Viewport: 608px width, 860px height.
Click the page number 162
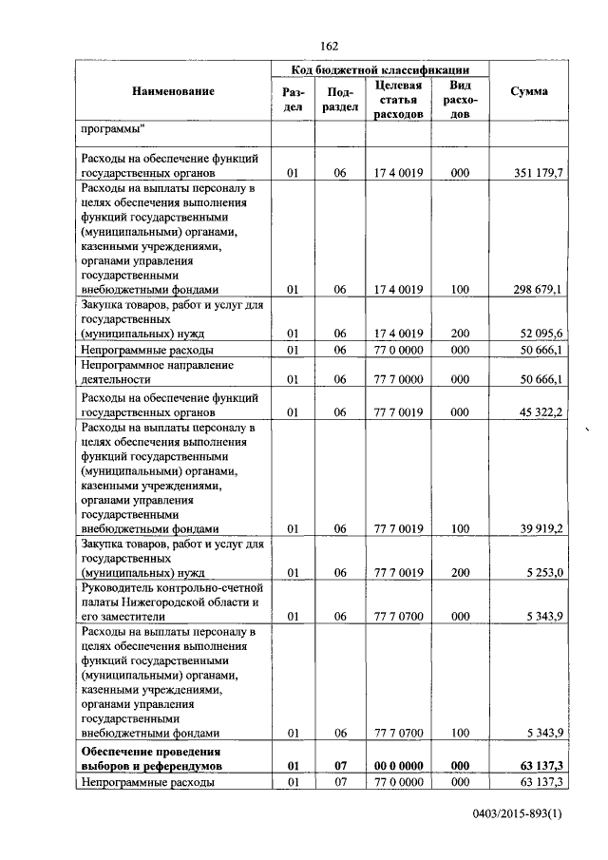coord(329,47)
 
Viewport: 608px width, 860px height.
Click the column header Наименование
coord(173,91)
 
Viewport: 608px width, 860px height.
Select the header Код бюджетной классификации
coord(380,70)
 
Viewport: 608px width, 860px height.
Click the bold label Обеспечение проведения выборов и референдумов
coord(152,756)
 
